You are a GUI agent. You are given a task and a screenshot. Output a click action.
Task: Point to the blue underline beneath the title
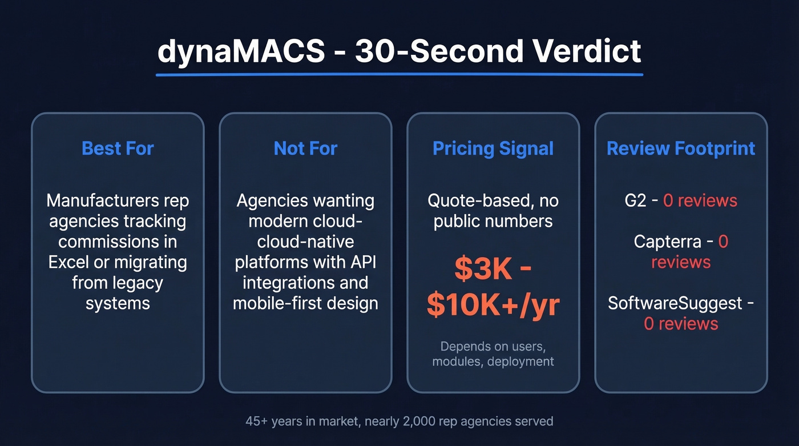click(x=399, y=75)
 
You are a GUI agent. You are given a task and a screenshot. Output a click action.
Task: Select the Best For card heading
click(x=118, y=148)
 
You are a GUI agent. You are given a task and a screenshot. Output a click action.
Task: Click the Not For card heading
click(x=305, y=148)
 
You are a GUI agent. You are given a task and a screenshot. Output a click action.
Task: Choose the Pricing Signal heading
click(x=493, y=148)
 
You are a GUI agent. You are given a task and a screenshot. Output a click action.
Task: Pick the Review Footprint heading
click(x=681, y=148)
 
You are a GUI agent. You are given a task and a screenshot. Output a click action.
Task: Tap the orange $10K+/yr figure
click(x=493, y=306)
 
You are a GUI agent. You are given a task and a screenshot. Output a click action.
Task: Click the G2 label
click(x=635, y=201)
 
